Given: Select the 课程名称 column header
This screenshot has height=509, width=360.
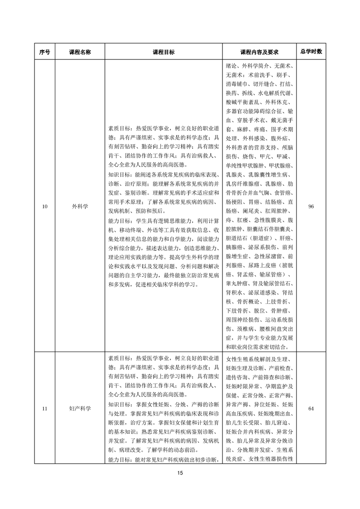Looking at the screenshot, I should point(80,52).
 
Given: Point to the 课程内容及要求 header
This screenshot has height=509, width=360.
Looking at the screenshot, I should point(259,52).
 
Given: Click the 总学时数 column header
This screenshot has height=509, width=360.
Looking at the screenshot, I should point(311,51).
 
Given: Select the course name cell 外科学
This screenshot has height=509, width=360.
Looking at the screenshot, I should point(80,206).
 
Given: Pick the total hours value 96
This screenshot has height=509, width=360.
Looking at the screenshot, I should point(311,206).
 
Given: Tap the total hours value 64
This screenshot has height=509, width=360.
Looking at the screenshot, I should point(311,409).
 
